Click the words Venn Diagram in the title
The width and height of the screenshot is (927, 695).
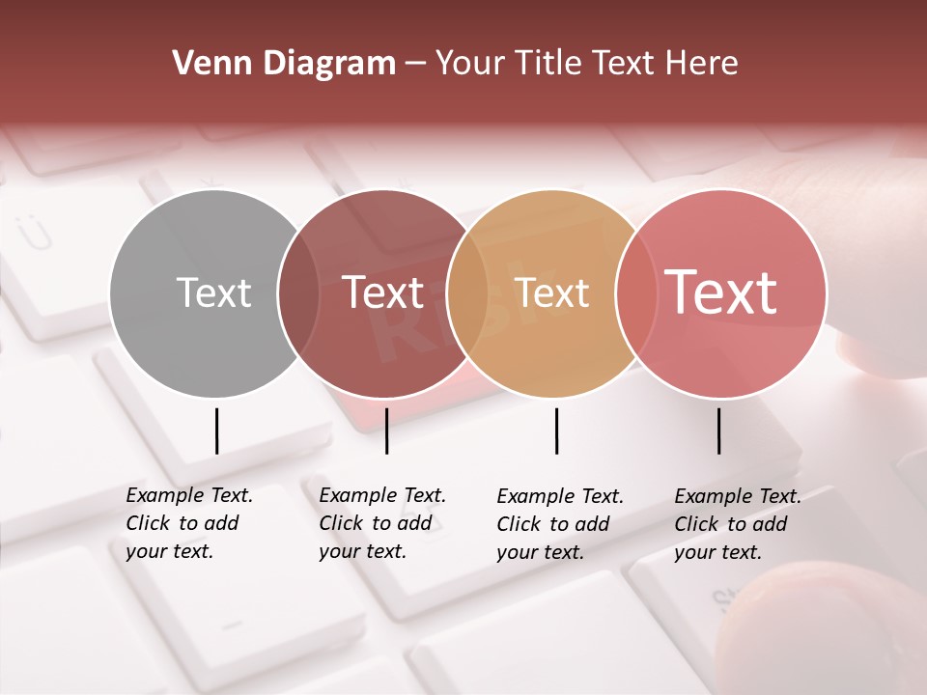tap(284, 64)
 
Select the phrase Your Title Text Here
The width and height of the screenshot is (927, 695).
tap(586, 64)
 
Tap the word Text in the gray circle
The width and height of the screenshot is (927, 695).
tap(213, 292)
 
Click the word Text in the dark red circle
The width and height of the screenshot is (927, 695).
tap(382, 292)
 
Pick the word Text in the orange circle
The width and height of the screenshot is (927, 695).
tap(551, 292)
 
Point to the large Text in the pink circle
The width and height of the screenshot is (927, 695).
tap(721, 292)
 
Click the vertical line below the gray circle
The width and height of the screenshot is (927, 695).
tap(216, 431)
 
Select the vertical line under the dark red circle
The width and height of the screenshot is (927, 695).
tap(386, 431)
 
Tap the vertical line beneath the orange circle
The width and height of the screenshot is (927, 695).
tap(556, 431)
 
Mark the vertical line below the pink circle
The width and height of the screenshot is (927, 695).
tap(718, 431)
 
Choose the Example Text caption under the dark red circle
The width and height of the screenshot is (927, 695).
tap(381, 523)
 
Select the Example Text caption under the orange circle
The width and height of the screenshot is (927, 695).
tap(559, 524)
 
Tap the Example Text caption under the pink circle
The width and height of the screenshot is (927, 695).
tap(737, 524)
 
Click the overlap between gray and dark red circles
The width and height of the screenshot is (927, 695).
tap(299, 293)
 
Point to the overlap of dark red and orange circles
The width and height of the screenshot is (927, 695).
tap(468, 293)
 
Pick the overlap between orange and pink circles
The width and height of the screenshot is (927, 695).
tap(637, 293)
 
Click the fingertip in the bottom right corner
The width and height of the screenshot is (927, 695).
tap(821, 627)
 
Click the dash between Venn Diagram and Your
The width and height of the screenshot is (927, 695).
tap(415, 65)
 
